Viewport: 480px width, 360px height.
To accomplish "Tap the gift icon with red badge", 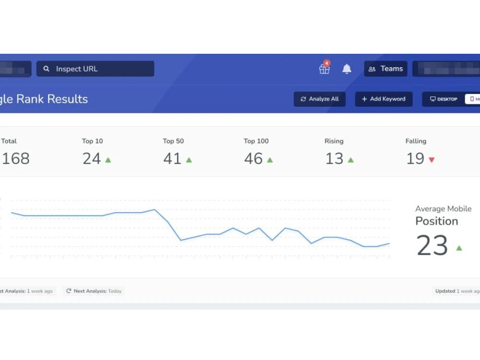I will [x=324, y=69].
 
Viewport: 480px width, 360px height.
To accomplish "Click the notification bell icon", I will [x=347, y=69].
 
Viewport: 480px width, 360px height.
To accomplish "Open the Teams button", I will [x=385, y=69].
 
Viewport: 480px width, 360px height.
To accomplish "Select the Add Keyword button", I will [x=384, y=99].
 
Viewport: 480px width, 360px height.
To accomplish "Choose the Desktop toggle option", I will [x=444, y=99].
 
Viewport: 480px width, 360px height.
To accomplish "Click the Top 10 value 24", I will [x=91, y=158].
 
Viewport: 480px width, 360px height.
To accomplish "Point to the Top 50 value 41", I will [x=172, y=158].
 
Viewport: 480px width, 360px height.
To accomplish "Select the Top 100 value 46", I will [x=253, y=158].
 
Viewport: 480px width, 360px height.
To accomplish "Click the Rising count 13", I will [x=334, y=158].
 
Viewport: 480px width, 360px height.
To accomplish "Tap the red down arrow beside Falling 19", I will [x=432, y=160].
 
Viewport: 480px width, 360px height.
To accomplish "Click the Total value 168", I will [x=15, y=158].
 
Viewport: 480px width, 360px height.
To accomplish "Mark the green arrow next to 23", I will [x=459, y=248].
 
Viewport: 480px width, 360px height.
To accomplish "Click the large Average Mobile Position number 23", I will [x=432, y=245].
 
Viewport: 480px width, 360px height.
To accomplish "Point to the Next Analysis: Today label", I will [x=94, y=291].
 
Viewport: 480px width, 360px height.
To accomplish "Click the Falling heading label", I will [x=416, y=141].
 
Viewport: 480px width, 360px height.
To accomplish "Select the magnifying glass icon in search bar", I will [x=47, y=69].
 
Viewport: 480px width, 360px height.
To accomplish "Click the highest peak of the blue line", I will [x=155, y=209].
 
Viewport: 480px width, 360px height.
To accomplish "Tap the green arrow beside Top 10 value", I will [x=108, y=160].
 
